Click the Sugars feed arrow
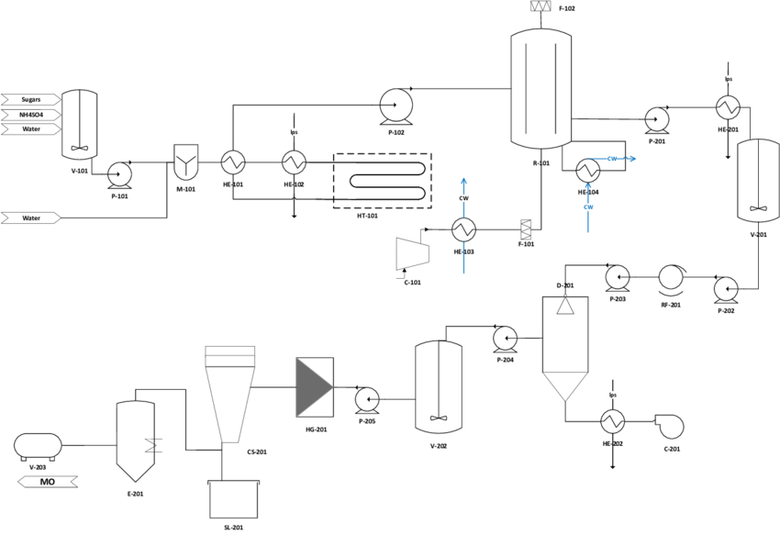pyautogui.click(x=31, y=99)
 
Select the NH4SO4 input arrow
pyautogui.click(x=31, y=115)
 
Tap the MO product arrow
pyautogui.click(x=48, y=482)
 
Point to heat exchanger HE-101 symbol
pyautogui.click(x=233, y=162)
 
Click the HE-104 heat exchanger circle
pyautogui.click(x=588, y=171)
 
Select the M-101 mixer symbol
pyautogui.click(x=186, y=162)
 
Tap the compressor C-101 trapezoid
pyautogui.click(x=412, y=253)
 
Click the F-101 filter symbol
pyautogui.click(x=526, y=229)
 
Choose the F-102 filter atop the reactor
pyautogui.click(x=541, y=6)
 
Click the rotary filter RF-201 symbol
pyautogui.click(x=672, y=278)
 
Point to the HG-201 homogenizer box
pyautogui.click(x=315, y=387)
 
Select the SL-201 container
pyautogui.click(x=234, y=499)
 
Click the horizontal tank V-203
pyautogui.click(x=38, y=446)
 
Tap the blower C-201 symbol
pyautogui.click(x=670, y=427)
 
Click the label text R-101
pyautogui.click(x=541, y=163)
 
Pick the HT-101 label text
pyautogui.click(x=367, y=216)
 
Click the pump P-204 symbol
pyautogui.click(x=505, y=339)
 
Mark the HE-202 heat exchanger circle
pyautogui.click(x=613, y=422)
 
